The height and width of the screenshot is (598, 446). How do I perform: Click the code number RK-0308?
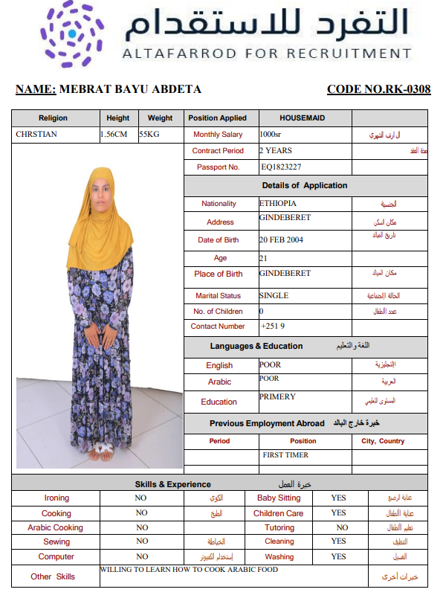[x=378, y=90]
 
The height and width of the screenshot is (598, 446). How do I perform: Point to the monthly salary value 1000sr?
[x=270, y=135]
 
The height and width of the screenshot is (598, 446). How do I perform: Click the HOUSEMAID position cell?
[x=303, y=118]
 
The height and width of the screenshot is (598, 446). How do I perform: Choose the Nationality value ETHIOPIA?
[x=278, y=203]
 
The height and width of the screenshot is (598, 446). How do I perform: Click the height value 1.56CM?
[x=114, y=135]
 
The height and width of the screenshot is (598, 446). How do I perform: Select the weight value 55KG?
[x=151, y=135]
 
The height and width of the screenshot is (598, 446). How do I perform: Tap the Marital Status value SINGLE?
[x=274, y=295]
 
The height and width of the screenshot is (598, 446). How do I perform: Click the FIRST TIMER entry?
[x=285, y=454]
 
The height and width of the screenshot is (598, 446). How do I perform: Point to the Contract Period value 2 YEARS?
[x=275, y=150]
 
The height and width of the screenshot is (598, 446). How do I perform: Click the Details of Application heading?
[x=304, y=186]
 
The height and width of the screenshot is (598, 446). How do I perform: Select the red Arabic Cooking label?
[x=56, y=527]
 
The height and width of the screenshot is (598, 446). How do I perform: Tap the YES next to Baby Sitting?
[x=338, y=498]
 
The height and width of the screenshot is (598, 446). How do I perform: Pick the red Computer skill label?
[x=56, y=556]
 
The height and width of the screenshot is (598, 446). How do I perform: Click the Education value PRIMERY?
[x=277, y=397]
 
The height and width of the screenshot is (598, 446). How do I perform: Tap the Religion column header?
[x=53, y=118]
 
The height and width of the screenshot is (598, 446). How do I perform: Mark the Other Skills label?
[x=53, y=576]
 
